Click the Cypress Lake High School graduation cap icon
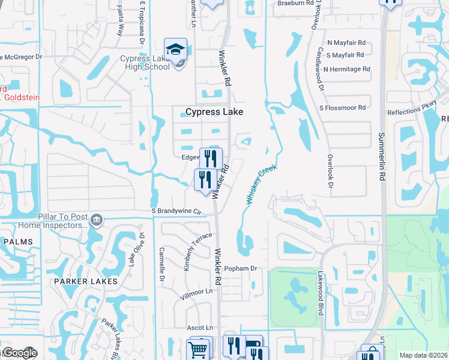[175, 49]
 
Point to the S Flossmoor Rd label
[342, 108]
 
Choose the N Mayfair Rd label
[346, 43]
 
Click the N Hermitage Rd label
[346, 70]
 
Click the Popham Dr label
[240, 268]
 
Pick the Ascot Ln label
[200, 328]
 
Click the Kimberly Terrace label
[198, 251]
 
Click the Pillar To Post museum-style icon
[95, 221]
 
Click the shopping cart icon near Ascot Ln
[198, 349]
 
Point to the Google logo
[19, 353]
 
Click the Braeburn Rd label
[296, 3]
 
